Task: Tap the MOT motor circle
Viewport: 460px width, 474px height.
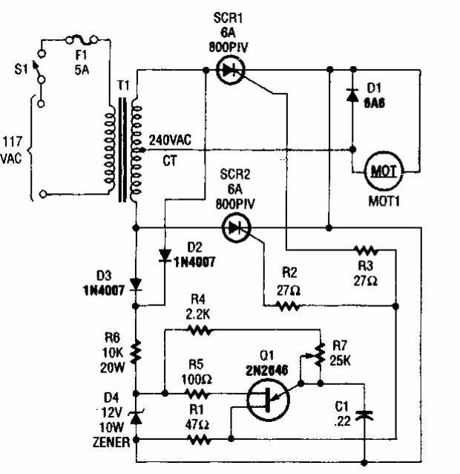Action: point(383,171)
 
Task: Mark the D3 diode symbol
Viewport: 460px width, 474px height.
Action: point(135,285)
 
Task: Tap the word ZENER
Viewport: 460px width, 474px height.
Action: point(111,444)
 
